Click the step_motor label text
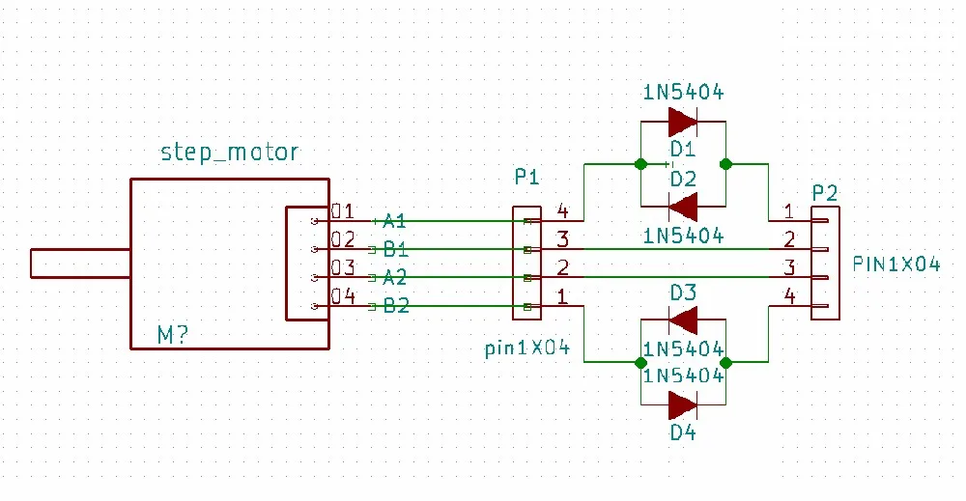(230, 152)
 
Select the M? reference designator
(173, 335)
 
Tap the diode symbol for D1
(683, 122)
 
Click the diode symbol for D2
(683, 207)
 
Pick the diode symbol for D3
(683, 320)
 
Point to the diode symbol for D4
(683, 405)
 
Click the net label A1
(394, 221)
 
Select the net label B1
(395, 249)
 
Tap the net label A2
(395, 278)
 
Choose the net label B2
(396, 305)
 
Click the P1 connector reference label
(526, 178)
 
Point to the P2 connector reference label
(825, 193)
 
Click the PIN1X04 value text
(896, 264)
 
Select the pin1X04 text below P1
(527, 348)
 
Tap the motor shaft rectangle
(80, 264)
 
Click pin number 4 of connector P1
(562, 210)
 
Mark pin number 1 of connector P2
(788, 211)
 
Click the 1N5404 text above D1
(683, 93)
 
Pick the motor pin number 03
(343, 267)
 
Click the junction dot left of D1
(640, 164)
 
